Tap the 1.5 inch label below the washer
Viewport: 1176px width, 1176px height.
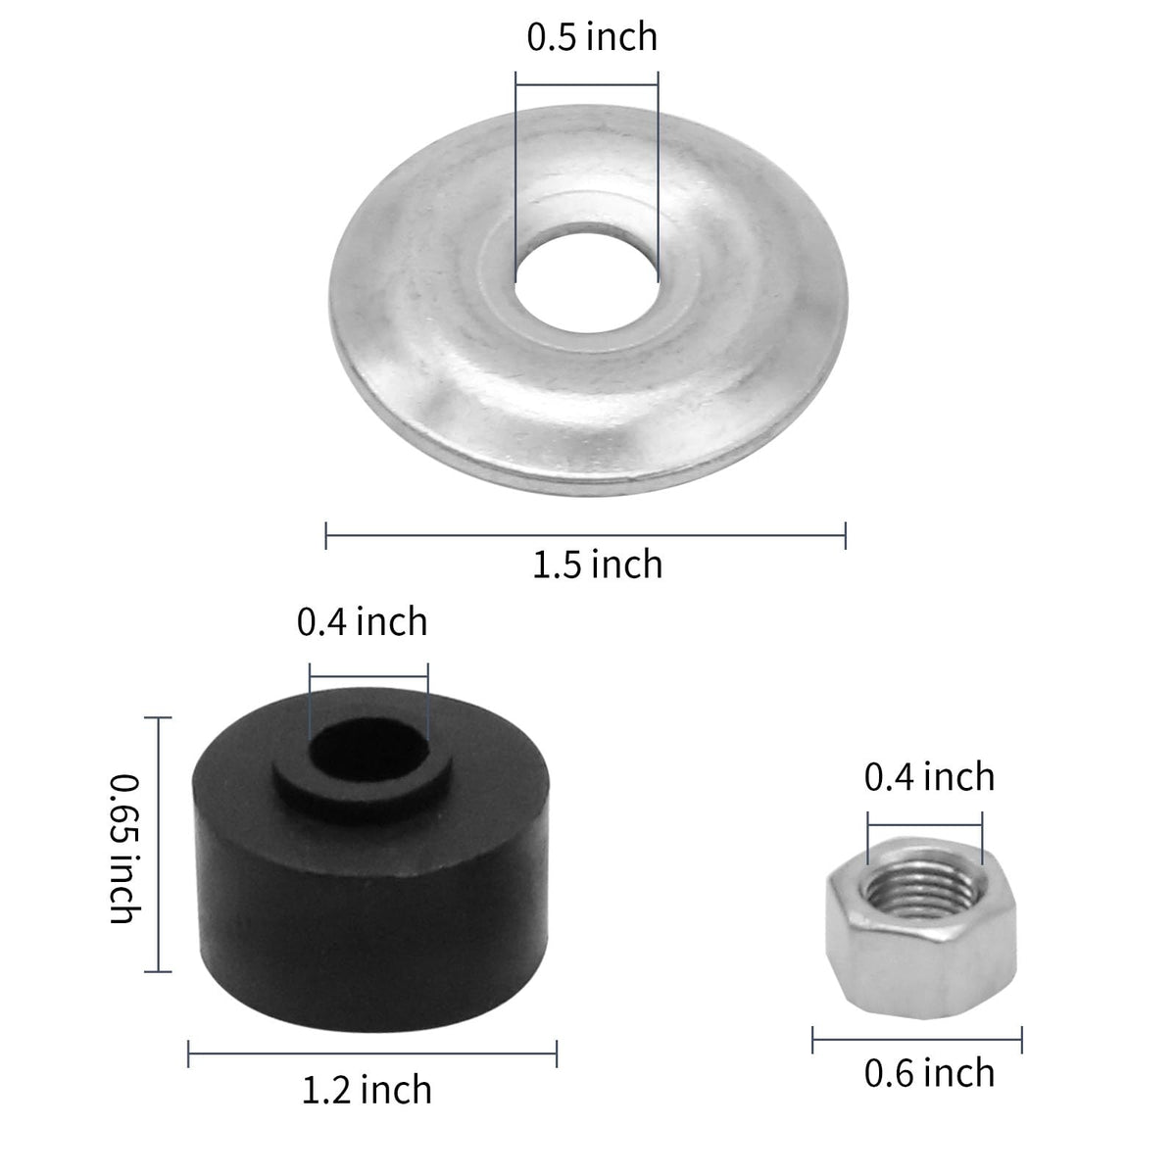coord(598,564)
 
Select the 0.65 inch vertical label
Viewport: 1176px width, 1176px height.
coord(124,849)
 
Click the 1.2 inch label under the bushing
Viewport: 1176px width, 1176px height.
coord(367,1091)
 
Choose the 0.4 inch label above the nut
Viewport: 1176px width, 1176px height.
coord(929,777)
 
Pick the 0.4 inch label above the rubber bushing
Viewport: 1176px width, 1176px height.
coord(363,622)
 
